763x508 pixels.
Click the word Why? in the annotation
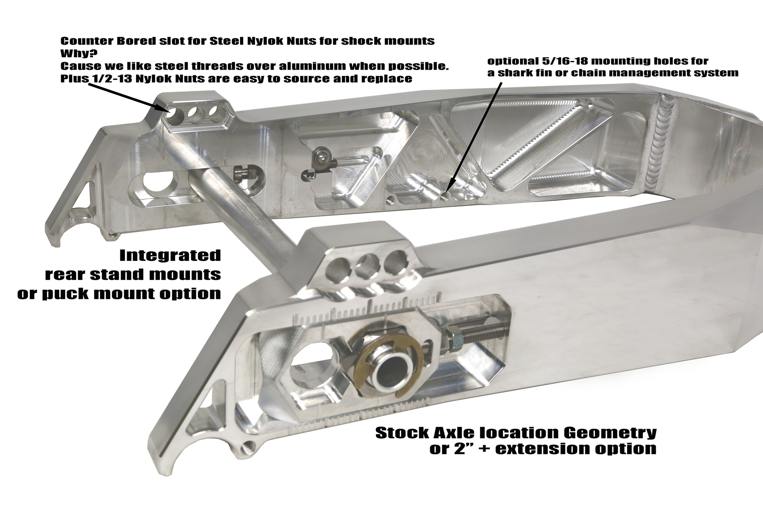[x=76, y=53]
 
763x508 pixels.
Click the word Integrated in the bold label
[x=170, y=256]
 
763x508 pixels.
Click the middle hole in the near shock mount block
[x=368, y=268]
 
